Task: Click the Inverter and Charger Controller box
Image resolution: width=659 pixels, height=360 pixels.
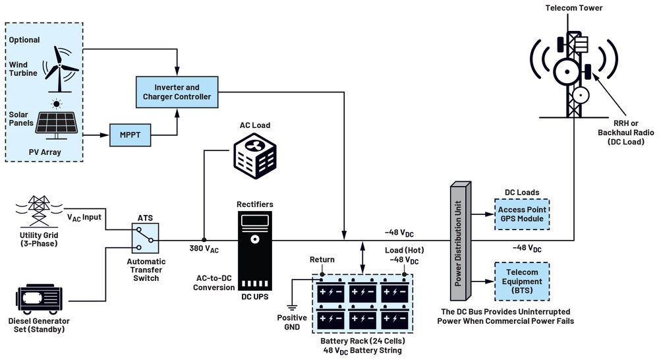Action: [x=177, y=92]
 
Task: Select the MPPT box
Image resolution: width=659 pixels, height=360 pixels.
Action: [x=130, y=135]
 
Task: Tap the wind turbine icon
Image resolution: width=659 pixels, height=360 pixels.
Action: [x=61, y=68]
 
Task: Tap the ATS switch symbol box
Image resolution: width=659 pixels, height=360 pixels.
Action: [x=144, y=239]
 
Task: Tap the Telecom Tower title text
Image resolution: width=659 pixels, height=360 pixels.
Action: [x=573, y=9]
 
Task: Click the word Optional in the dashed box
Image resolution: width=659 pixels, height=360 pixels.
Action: [x=24, y=40]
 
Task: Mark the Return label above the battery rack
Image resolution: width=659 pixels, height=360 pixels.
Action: [x=323, y=260]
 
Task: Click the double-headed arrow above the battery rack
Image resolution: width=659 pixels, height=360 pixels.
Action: [x=362, y=257]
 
